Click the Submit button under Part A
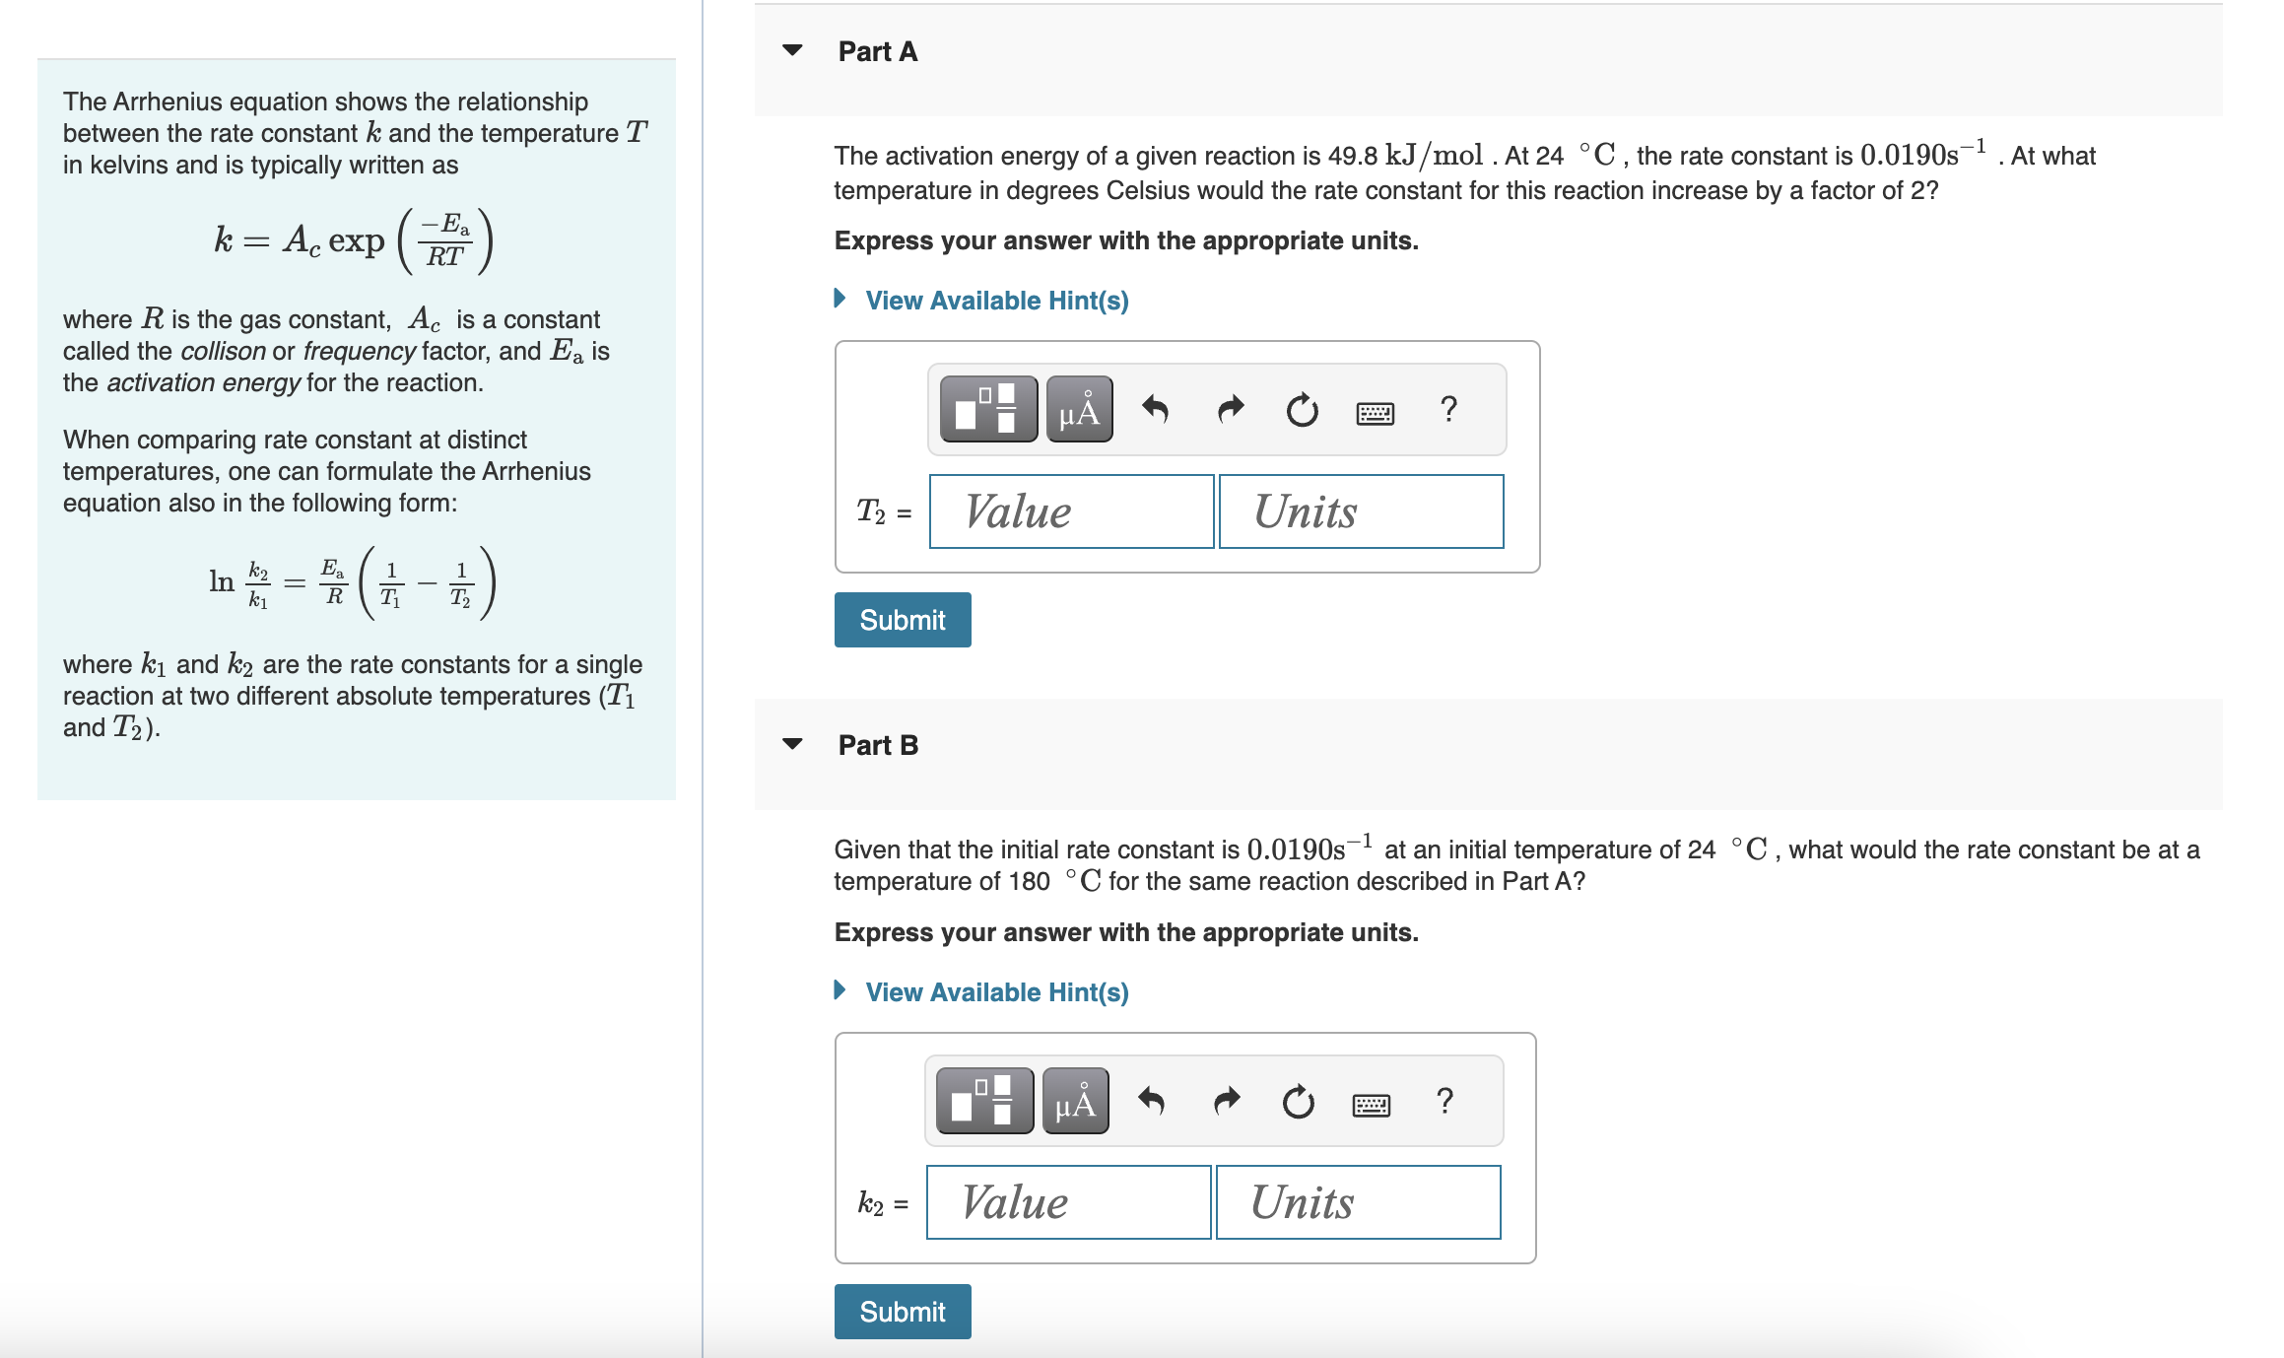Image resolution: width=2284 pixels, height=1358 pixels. [902, 620]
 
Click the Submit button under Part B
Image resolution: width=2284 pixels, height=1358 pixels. [902, 1312]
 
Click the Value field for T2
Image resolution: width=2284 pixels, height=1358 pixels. [1071, 511]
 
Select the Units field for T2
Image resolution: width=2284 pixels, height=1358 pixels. [1361, 511]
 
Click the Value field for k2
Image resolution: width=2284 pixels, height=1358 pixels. [1068, 1202]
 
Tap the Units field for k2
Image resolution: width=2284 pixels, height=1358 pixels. [1358, 1202]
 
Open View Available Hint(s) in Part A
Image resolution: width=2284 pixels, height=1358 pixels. [996, 301]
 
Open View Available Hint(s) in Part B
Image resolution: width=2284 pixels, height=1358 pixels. [996, 992]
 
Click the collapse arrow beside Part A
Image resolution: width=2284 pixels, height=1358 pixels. [792, 50]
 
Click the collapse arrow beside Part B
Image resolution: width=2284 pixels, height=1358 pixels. [792, 744]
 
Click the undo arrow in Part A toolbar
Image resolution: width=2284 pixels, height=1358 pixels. [1155, 409]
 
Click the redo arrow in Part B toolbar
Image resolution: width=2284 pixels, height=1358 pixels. [1227, 1101]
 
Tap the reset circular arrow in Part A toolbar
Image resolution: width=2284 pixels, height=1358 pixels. [1302, 409]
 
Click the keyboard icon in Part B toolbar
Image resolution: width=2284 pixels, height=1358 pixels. [1372, 1105]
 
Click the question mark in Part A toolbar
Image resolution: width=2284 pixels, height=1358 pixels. [1447, 409]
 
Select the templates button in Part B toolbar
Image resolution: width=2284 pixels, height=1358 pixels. [984, 1101]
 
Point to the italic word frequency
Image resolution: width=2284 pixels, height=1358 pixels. [359, 351]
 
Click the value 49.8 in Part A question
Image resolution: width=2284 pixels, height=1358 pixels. [1352, 156]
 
